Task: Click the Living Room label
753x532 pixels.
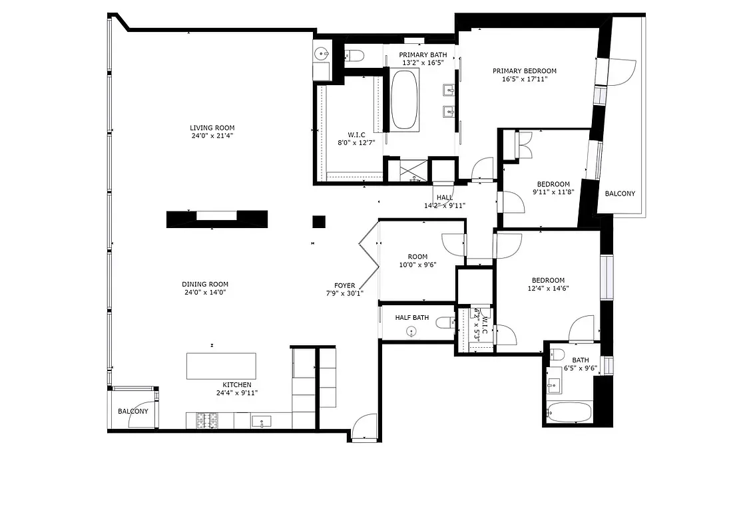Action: tap(212, 128)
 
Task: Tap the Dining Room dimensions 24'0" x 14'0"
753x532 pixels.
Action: tap(206, 292)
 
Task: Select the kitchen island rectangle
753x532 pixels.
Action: tap(221, 366)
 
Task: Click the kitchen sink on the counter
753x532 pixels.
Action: tap(261, 421)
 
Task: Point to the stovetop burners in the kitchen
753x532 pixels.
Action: tap(206, 421)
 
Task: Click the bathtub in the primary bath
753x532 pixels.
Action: tap(404, 100)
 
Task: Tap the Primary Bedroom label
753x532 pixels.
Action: tap(525, 71)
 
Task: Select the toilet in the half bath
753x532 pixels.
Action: tap(445, 323)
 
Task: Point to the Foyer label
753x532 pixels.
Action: tap(344, 285)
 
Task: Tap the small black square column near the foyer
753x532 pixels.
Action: tap(320, 221)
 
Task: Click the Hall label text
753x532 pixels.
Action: tap(445, 198)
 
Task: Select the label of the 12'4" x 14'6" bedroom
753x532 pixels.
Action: tap(548, 281)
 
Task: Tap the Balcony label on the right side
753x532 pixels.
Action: tap(620, 194)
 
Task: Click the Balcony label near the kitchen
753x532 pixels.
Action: tap(133, 412)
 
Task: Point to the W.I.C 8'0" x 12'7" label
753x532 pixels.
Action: tap(357, 134)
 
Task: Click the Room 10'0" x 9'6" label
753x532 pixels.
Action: tap(417, 257)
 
